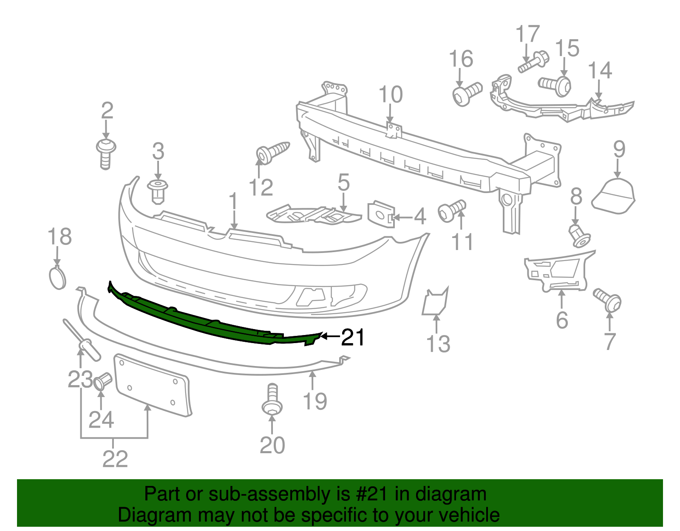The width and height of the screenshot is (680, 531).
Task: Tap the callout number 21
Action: pos(353,338)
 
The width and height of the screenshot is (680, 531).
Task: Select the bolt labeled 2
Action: pos(106,153)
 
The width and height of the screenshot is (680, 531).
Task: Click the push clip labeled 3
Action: pos(158,191)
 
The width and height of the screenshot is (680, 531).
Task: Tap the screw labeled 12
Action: pos(272,151)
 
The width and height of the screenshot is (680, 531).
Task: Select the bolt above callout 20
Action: pos(272,400)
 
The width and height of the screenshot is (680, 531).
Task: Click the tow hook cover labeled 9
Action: pos(614,196)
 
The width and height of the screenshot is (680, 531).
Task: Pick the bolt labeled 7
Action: pos(608,299)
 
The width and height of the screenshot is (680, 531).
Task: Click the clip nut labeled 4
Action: pos(381,215)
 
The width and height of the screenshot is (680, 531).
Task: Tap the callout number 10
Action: pos(390,95)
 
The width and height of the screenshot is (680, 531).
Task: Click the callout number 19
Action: pos(315,401)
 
